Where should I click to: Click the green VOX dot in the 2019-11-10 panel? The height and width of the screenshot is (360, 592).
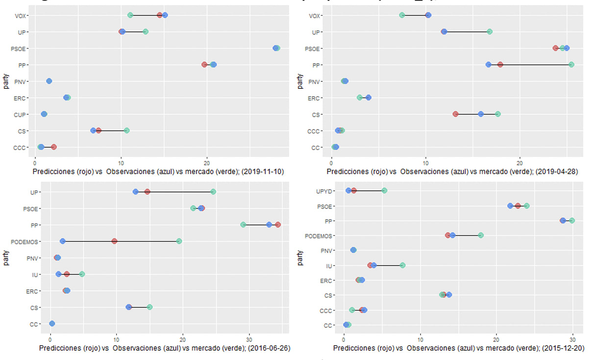[x=130, y=15]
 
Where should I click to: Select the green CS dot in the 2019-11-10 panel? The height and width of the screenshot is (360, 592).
[x=126, y=130]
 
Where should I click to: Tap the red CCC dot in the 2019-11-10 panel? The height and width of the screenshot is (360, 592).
[x=54, y=147]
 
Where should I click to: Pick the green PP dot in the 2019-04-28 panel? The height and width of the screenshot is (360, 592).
[x=571, y=64]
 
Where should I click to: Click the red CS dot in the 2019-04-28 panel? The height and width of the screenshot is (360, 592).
[x=455, y=114]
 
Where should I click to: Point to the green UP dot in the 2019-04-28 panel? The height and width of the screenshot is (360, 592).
[x=489, y=31]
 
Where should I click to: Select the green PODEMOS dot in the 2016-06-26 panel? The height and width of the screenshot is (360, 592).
[x=179, y=241]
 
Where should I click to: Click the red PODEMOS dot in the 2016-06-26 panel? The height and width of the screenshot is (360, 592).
[x=114, y=241]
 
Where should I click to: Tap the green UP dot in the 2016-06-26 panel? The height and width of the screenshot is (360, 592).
[x=213, y=192]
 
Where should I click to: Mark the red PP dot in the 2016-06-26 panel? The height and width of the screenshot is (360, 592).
[x=278, y=225]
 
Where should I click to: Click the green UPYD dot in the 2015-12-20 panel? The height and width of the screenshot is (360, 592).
[x=384, y=190]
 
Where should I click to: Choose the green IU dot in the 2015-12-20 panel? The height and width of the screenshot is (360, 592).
[x=402, y=265]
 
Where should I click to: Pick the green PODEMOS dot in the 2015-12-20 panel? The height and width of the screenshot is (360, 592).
[x=481, y=235]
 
